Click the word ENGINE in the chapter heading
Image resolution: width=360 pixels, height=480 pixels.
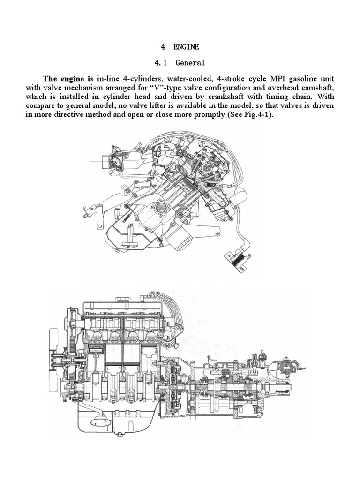click(186, 46)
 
